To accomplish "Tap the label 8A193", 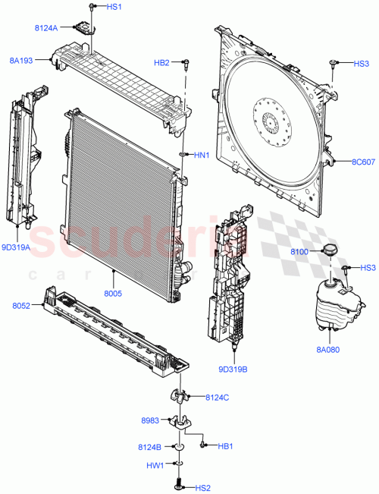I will click(21, 58).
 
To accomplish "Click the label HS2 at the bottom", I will click(204, 488).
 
